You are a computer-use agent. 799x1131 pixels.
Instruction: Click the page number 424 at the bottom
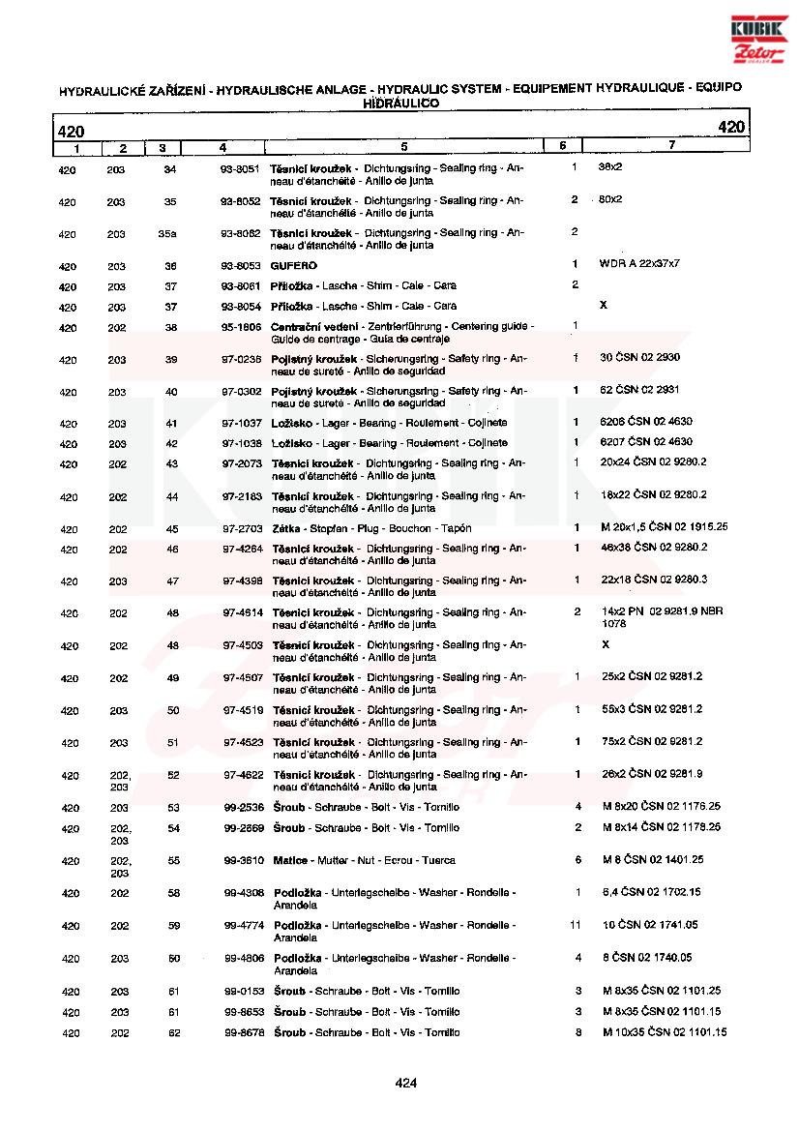pos(405,1083)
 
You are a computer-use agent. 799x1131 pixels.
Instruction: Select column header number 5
pos(403,147)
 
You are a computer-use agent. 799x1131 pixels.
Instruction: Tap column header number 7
pos(671,146)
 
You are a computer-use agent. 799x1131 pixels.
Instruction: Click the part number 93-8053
pos(240,265)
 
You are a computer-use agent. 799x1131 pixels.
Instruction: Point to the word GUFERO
pos(294,265)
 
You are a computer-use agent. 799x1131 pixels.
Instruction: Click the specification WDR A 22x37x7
pos(639,264)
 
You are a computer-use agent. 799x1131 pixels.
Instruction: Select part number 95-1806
pos(240,327)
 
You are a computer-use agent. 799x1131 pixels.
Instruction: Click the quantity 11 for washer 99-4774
pos(576,925)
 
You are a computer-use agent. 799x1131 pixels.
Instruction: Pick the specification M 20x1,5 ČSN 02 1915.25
pos(665,527)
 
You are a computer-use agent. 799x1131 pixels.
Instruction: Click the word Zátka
pos(286,528)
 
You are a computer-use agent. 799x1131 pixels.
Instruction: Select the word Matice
pos(290,860)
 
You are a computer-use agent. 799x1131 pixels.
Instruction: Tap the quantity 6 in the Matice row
pos(577,859)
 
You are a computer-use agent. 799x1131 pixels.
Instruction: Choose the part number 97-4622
pos(243,774)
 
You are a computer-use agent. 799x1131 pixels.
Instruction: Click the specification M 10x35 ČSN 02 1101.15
pos(664,1032)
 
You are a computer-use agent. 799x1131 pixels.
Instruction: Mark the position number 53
pos(174,807)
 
